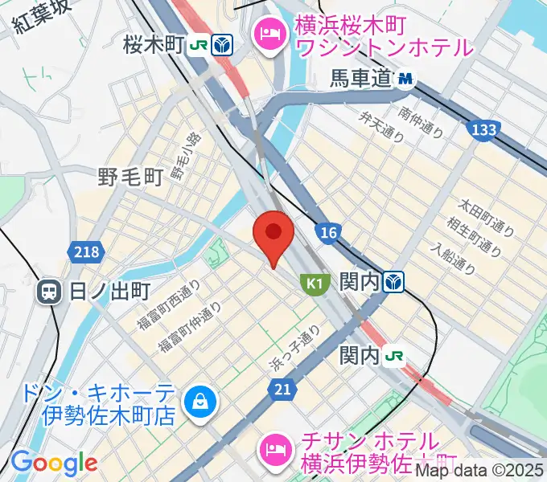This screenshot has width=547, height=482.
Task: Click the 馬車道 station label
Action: click(x=361, y=79)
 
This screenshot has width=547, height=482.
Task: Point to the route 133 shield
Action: click(x=483, y=129)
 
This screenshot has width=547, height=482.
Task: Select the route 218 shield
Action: click(x=88, y=252)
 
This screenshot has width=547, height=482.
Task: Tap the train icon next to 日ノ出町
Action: click(x=50, y=292)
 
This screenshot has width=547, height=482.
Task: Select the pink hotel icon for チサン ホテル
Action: click(x=276, y=446)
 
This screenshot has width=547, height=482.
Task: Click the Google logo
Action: click(x=54, y=463)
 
